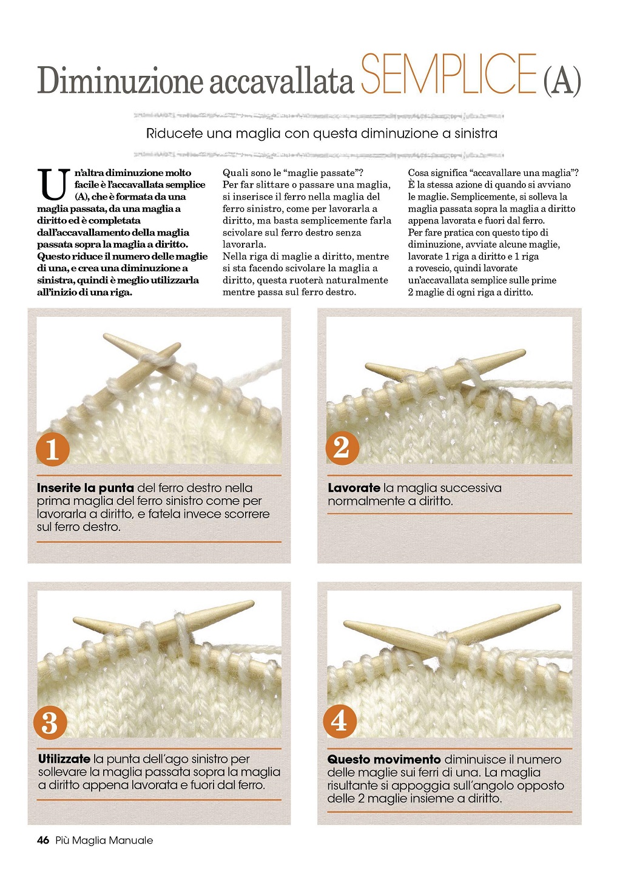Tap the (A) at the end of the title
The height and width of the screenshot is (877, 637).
tap(562, 81)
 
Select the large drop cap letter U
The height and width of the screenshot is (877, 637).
tap(53, 184)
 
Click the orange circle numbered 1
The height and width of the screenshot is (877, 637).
tap(52, 449)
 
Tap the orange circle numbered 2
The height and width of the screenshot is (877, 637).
tap(342, 448)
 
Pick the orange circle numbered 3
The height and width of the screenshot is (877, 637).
tap(50, 722)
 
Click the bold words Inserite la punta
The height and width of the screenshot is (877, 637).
tap(86, 488)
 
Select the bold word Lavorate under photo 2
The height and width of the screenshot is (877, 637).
tap(354, 488)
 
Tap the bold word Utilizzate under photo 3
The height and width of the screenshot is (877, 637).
tap(64, 759)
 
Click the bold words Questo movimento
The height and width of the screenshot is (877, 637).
tap(384, 759)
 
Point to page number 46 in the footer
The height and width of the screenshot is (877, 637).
tap(43, 840)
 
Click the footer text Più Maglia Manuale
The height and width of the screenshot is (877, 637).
tap(104, 840)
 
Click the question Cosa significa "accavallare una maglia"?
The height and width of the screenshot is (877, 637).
tap(493, 172)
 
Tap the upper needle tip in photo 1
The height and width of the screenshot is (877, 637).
tap(105, 336)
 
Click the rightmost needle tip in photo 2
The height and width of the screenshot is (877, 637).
tap(524, 351)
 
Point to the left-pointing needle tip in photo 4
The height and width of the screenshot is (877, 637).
tap(346, 623)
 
